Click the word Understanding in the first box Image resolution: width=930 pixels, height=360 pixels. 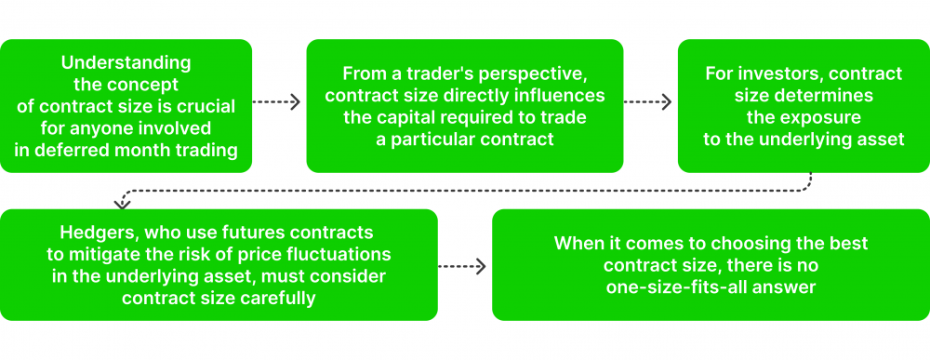tap(126, 63)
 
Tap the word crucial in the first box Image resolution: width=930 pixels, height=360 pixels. tap(205, 106)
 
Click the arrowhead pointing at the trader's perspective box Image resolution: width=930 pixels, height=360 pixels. tap(296, 102)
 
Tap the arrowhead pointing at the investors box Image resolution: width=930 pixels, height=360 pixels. tap(666, 102)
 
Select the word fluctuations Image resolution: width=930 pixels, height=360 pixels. tap(338, 253)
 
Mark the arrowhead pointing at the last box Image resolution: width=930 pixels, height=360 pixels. tap(481, 267)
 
